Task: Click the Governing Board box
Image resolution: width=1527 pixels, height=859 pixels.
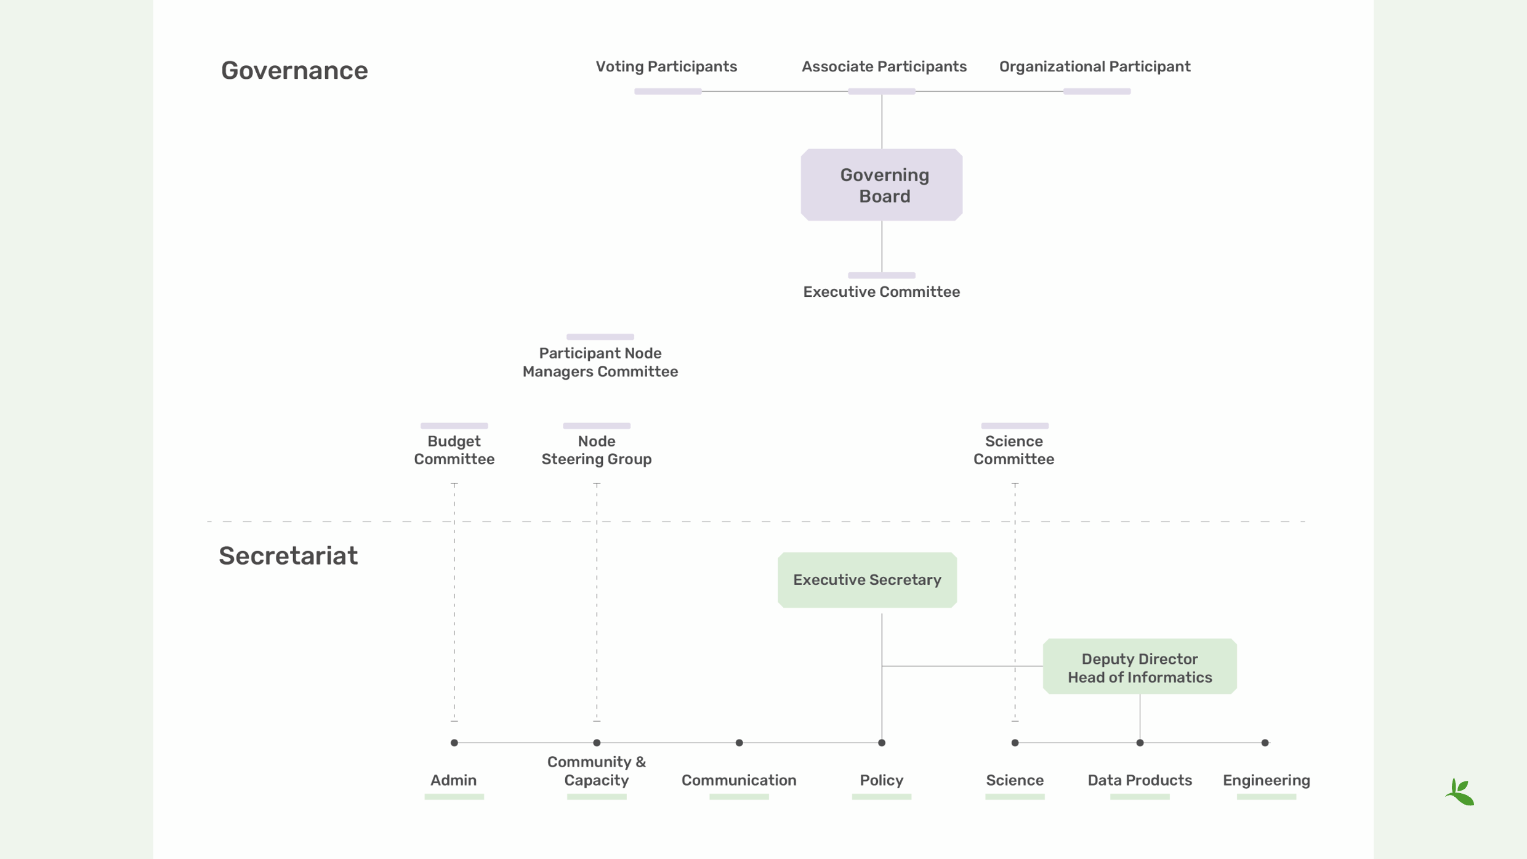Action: [882, 185]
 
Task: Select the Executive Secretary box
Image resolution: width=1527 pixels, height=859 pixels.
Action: [867, 579]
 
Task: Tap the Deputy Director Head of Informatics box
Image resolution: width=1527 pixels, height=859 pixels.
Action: [1139, 667]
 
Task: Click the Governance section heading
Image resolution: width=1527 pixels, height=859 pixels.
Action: [294, 70]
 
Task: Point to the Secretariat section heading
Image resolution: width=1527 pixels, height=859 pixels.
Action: [288, 555]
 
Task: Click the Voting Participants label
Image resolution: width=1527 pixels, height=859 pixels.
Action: [666, 67]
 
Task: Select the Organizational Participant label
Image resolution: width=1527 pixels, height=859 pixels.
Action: [1094, 67]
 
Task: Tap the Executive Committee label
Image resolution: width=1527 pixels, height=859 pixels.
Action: [881, 292]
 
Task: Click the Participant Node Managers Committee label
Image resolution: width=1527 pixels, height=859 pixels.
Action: [600, 362]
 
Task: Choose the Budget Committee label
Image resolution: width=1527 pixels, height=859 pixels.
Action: [454, 450]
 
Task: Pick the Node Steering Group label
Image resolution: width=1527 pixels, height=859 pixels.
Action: [596, 450]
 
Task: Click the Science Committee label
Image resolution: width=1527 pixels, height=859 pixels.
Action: [1013, 450]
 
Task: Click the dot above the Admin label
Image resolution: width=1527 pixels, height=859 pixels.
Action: [454, 743]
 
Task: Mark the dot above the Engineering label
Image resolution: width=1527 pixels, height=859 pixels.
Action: [1265, 743]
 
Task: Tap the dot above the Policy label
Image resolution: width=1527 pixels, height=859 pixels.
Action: [882, 743]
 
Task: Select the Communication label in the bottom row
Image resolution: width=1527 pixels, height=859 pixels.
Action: [738, 780]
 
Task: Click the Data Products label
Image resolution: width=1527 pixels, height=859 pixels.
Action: [1139, 780]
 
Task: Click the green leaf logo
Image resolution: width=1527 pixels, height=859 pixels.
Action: [1460, 792]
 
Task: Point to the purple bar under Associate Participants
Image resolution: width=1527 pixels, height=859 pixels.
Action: [881, 91]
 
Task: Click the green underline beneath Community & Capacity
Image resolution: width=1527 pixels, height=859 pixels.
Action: [596, 797]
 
